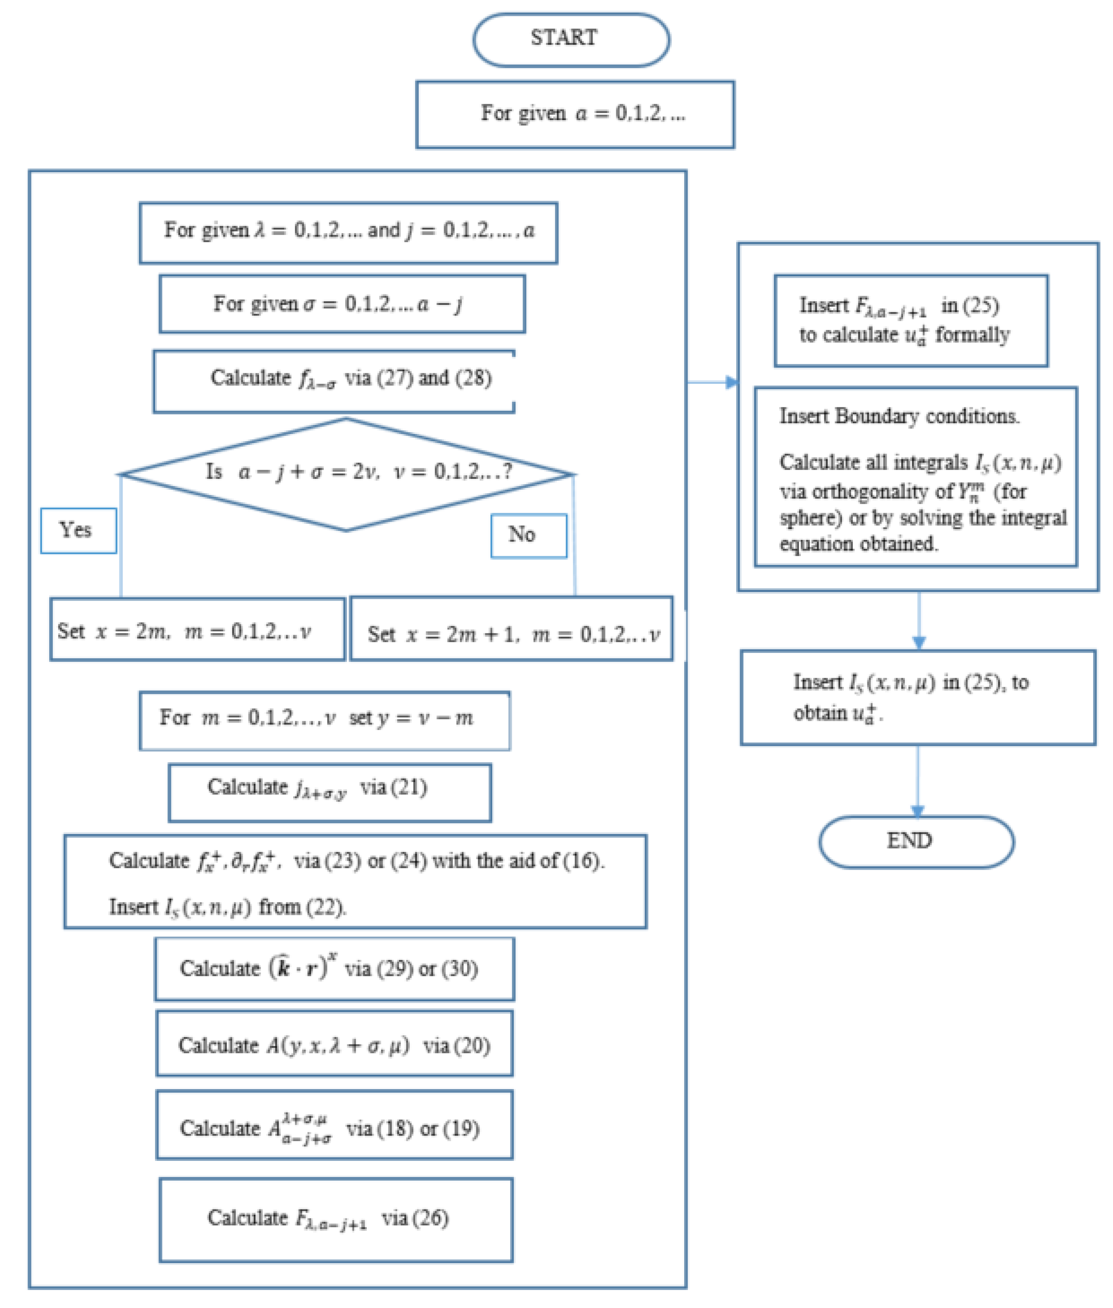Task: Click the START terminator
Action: [571, 39]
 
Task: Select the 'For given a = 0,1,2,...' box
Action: [575, 114]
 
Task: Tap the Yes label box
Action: [78, 530]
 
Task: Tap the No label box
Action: [529, 536]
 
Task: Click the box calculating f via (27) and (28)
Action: [334, 381]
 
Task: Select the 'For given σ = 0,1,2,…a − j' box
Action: [342, 304]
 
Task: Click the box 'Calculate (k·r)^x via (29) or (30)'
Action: [334, 969]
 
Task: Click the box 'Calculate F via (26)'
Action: [335, 1220]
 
